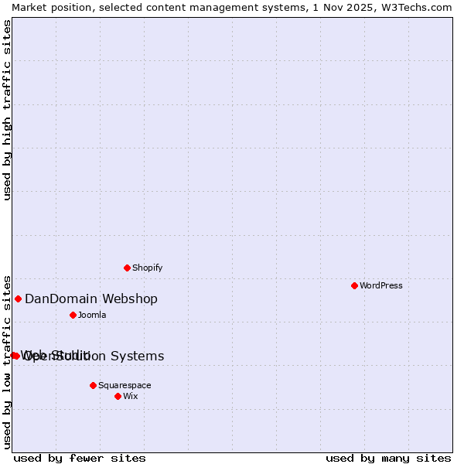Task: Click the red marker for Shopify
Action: coord(127,268)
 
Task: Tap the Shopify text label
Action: coord(147,268)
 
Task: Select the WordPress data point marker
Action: coord(354,285)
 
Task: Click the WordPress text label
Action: coord(380,285)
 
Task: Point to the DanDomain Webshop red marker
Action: coord(18,299)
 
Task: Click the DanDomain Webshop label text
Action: coord(90,299)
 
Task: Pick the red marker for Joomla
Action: coord(73,315)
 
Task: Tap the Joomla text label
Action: coord(91,316)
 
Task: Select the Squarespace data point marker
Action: coord(93,385)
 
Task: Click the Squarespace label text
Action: coord(125,385)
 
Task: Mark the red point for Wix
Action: coord(118,396)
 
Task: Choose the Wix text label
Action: coord(130,396)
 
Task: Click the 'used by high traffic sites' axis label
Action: coord(8,110)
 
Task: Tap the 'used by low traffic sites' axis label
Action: coord(8,361)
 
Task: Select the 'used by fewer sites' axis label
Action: coord(80,458)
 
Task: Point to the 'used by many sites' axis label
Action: coord(388,458)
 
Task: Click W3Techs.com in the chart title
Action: coord(415,7)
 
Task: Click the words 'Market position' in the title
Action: coord(47,7)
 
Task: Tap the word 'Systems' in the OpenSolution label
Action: coord(138,357)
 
